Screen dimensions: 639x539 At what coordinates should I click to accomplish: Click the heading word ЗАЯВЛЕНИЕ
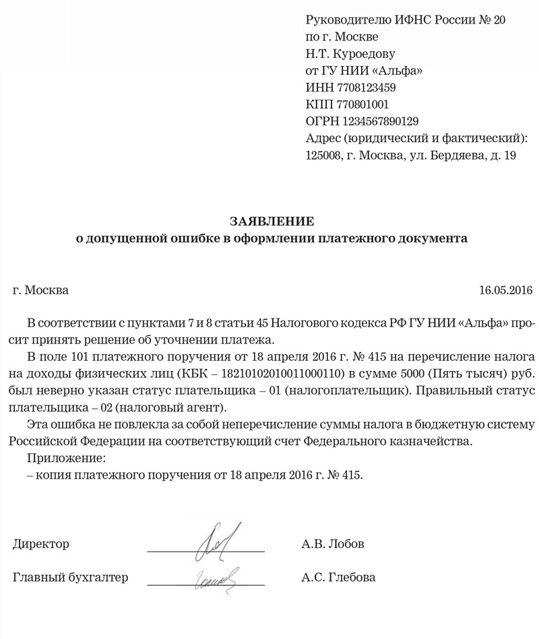click(272, 221)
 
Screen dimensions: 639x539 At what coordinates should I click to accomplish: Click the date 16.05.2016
click(505, 292)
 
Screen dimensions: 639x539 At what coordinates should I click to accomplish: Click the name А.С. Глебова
click(340, 578)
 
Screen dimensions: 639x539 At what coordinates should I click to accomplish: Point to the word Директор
click(40, 543)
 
